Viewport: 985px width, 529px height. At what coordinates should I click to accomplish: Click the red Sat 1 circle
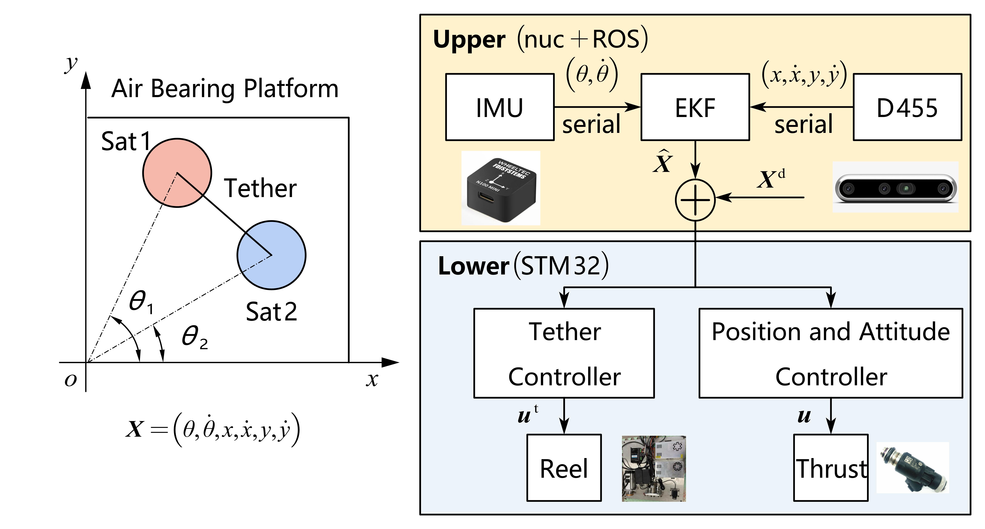[x=177, y=173]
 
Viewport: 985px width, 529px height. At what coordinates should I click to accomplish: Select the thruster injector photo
[x=913, y=467]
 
